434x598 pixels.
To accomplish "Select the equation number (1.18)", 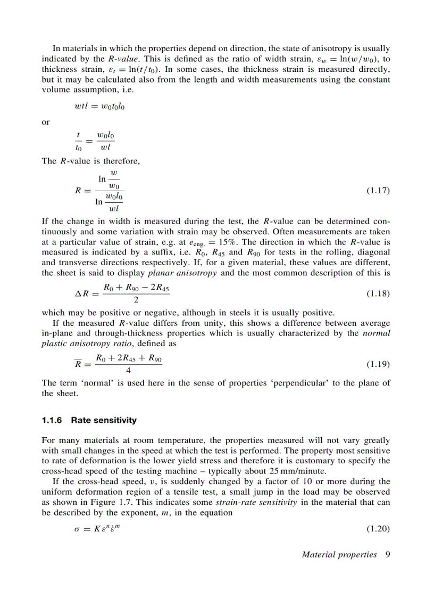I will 379,293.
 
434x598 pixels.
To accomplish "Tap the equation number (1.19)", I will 379,365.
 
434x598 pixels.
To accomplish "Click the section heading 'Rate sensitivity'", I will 104,420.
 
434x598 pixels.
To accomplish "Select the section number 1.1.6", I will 52,420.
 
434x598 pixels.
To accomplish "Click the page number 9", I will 388,554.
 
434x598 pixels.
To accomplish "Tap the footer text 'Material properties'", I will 339,554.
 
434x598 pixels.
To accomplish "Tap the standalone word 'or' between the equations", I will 45,122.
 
